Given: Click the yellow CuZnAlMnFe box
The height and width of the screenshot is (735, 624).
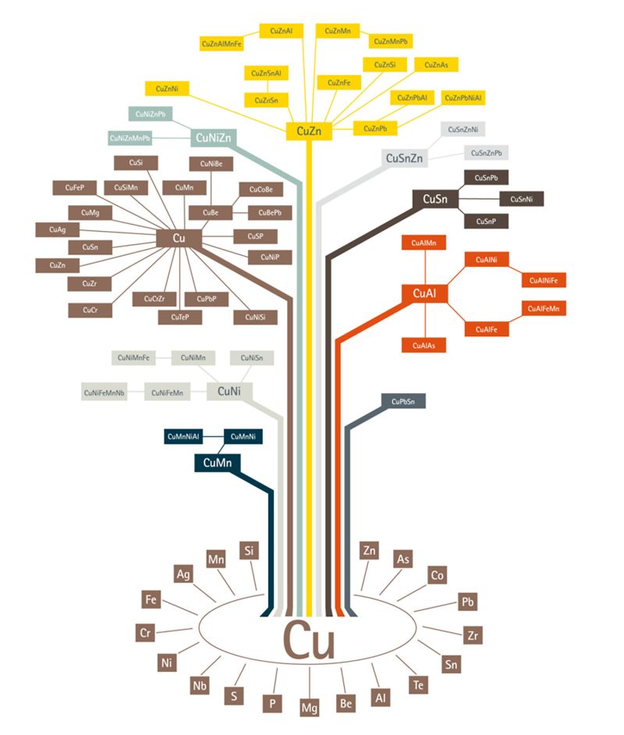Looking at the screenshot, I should (222, 44).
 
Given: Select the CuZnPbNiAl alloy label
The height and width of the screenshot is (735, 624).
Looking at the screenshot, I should (463, 98).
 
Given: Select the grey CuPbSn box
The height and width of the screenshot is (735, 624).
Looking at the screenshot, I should (403, 401).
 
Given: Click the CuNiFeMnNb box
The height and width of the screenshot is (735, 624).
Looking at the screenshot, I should (105, 392).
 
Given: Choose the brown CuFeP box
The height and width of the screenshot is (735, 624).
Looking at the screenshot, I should (74, 187).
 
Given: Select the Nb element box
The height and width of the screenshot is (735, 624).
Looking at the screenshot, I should (199, 686).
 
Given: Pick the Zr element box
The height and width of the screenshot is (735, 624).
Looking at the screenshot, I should (471, 634).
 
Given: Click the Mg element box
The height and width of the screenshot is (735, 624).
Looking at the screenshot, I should (310, 708).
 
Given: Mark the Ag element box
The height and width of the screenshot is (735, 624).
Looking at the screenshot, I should (184, 574).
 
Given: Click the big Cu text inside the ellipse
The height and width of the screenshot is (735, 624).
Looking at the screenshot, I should (309, 641).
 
